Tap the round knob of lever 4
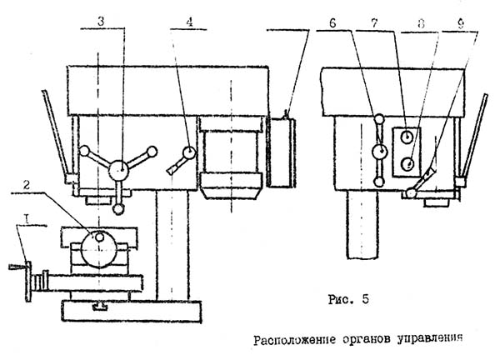point(190,153)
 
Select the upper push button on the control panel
point(406,136)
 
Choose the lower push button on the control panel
point(406,163)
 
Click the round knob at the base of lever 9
point(412,194)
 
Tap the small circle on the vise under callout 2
point(100,237)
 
